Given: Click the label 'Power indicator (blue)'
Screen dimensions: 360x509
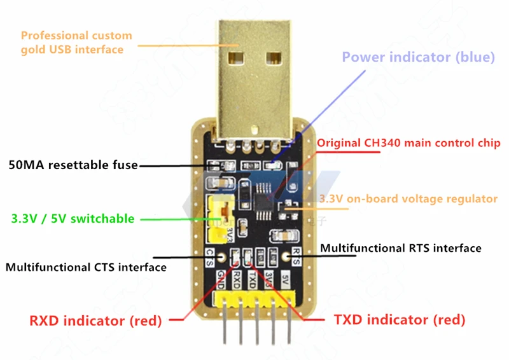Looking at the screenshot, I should pos(418,57).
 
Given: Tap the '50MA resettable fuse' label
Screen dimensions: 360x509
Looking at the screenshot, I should pos(73,165).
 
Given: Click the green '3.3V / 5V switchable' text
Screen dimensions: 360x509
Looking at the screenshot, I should pos(73,219).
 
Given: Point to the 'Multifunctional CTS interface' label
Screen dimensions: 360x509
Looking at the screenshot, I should pos(86,267).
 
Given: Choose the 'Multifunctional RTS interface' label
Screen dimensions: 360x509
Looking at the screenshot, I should pos(400,247).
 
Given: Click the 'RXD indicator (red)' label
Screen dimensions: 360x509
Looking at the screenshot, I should pos(95,320).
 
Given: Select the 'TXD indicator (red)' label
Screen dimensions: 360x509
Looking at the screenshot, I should pos(399,319).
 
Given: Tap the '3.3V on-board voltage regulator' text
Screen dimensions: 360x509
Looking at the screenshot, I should pos(408,199).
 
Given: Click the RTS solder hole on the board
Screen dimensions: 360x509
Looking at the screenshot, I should pos(284,258).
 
